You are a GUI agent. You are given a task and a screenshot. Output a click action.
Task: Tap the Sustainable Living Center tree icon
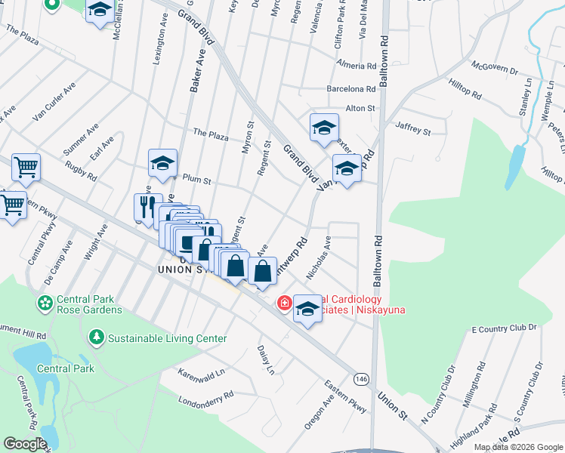point(96,336)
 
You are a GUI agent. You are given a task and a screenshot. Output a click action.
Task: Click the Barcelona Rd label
point(351,88)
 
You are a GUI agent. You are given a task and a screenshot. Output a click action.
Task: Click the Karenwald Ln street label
point(202,373)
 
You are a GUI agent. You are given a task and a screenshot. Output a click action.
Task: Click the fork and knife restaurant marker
point(147,206)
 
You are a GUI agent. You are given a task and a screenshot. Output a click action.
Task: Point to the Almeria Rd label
point(357,66)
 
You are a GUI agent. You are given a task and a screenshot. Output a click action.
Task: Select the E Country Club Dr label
point(503,329)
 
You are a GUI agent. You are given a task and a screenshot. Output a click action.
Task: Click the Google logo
point(25,444)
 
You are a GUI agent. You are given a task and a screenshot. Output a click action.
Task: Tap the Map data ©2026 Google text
point(517,447)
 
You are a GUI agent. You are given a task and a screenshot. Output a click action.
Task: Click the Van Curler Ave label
point(54,101)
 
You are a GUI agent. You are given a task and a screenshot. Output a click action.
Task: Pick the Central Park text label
point(66,368)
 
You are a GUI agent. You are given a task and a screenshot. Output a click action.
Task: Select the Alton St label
point(360,109)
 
